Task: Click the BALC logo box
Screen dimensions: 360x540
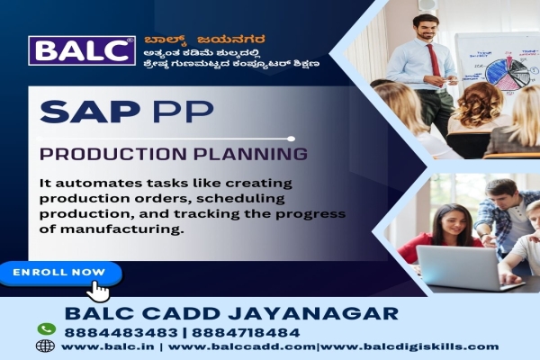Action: tap(82, 51)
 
